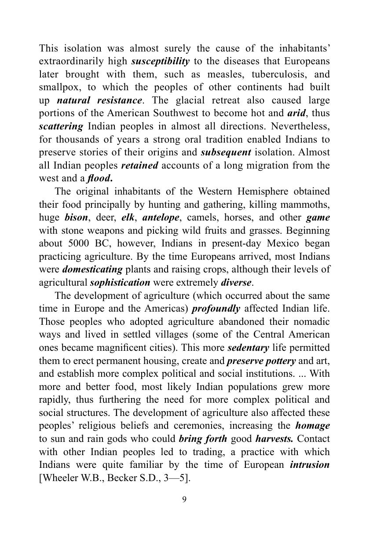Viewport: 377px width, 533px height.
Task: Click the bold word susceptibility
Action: tap(161, 61)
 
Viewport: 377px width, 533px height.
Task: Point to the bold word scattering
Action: tap(61, 126)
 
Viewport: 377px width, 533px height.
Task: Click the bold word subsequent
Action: tap(226, 153)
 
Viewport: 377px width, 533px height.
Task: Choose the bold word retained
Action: tap(139, 166)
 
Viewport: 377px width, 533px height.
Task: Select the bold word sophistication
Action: tap(120, 283)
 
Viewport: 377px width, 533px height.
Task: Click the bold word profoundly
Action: tap(216, 309)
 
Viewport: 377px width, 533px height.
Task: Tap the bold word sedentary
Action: tap(248, 348)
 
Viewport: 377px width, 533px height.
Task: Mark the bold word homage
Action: tap(312, 426)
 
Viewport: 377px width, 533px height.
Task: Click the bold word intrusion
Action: tap(310, 465)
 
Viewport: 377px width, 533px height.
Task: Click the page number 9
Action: tap(184, 499)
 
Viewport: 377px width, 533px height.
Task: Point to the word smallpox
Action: tap(58, 88)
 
